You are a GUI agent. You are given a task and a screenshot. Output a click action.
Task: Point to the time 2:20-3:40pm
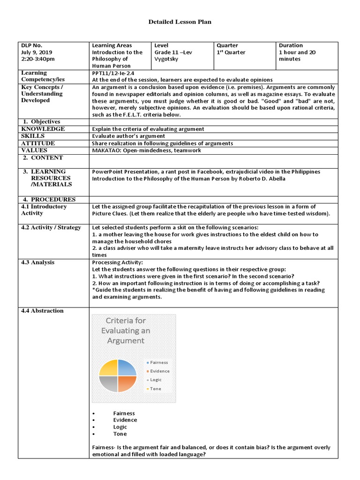(38, 59)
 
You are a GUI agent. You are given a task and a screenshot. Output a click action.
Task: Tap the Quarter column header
(227, 45)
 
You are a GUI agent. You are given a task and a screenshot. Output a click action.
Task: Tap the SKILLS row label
(33, 136)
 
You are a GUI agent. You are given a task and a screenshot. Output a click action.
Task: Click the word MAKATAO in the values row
(106, 150)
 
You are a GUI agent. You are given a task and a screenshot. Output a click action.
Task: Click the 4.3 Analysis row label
(38, 262)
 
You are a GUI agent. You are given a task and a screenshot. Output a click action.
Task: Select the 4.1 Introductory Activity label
(44, 210)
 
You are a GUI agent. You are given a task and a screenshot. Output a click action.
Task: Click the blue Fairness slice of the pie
(126, 368)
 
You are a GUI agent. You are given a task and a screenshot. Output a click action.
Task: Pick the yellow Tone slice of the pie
(109, 368)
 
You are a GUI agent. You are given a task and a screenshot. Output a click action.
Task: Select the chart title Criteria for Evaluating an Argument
(126, 330)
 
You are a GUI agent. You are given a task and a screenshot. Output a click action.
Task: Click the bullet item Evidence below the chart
(125, 420)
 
